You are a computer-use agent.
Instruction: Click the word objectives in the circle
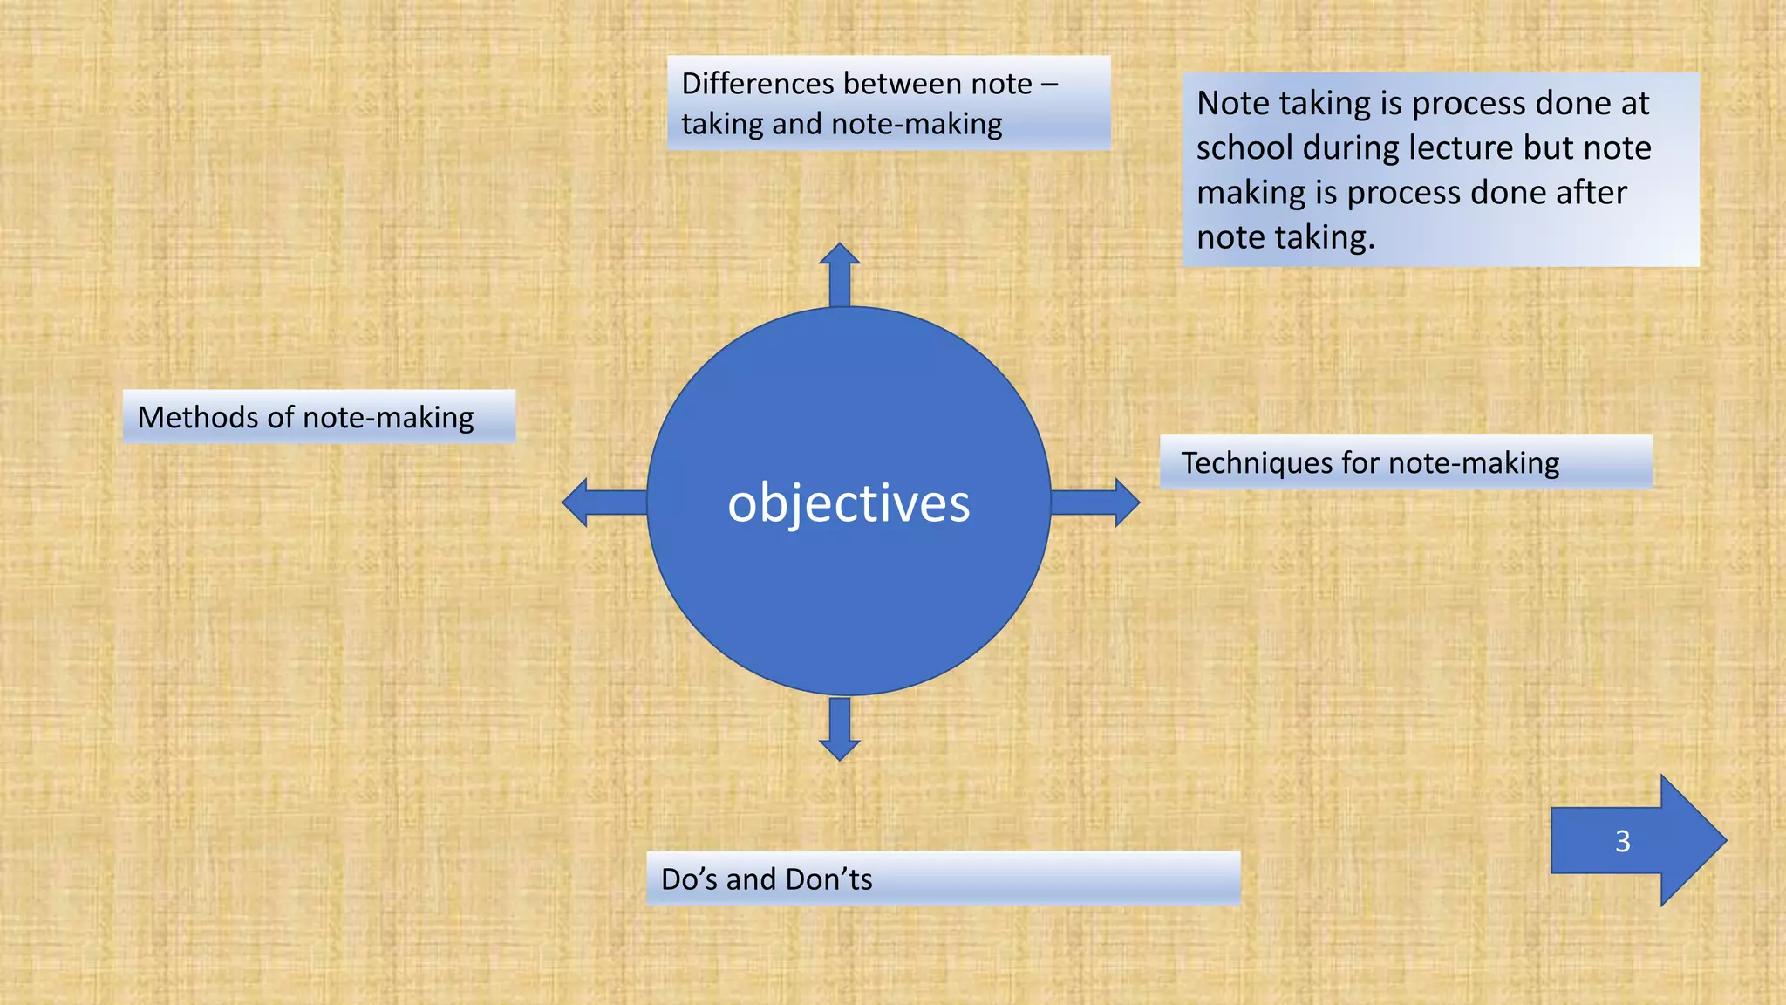[849, 504]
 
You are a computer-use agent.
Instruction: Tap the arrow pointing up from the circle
[840, 274]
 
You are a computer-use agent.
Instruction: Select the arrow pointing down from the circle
[840, 728]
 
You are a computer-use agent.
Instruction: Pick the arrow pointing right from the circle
[1095, 502]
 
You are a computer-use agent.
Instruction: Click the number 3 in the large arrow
[1622, 841]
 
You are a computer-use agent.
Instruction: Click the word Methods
[198, 417]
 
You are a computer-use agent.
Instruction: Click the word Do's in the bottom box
[689, 879]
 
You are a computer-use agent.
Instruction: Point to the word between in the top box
[903, 84]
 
